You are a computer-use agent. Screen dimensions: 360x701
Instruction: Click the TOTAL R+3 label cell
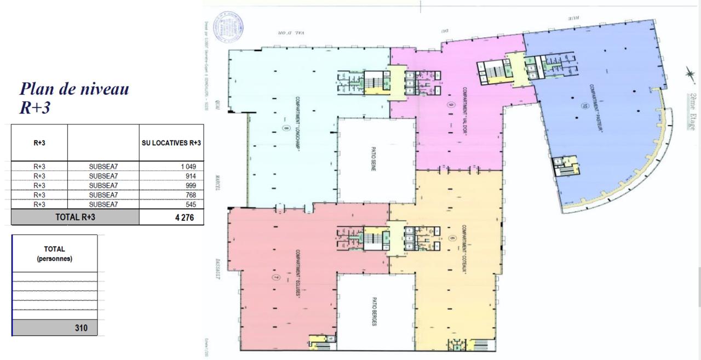coord(75,216)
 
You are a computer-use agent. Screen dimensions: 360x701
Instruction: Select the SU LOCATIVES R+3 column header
coord(171,143)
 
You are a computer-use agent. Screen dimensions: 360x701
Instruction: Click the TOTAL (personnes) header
coord(55,253)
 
